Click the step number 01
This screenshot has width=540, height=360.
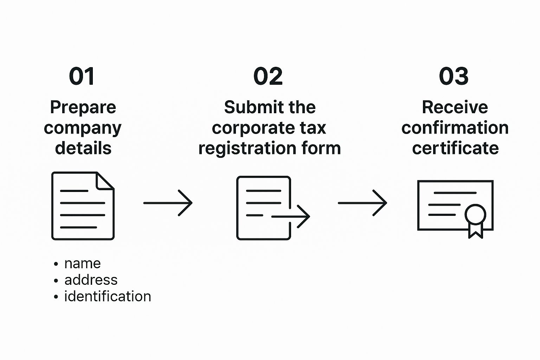pyautogui.click(x=82, y=76)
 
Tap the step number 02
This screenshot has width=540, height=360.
pyautogui.click(x=268, y=76)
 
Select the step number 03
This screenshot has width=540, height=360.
pyautogui.click(x=454, y=76)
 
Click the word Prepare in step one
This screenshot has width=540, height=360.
pyautogui.click(x=83, y=108)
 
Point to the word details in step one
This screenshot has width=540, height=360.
pyautogui.click(x=83, y=148)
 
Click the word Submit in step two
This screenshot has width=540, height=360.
pyautogui.click(x=250, y=107)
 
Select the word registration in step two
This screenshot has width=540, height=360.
pyautogui.click(x=247, y=148)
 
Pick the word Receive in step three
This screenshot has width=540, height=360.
pyautogui.click(x=455, y=107)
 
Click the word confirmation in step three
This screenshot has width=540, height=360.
pyautogui.click(x=455, y=128)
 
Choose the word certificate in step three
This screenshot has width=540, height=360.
pyautogui.click(x=455, y=148)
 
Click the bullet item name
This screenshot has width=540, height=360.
pyautogui.click(x=83, y=264)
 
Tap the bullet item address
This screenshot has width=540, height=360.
pyautogui.click(x=91, y=280)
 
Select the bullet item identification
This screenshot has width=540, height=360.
pyautogui.click(x=108, y=296)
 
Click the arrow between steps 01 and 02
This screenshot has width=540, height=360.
pyautogui.click(x=168, y=203)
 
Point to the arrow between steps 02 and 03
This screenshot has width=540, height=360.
pyautogui.click(x=362, y=203)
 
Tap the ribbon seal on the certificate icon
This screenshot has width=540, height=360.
pyautogui.click(x=475, y=221)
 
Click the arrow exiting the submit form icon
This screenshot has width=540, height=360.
pyautogui.click(x=291, y=217)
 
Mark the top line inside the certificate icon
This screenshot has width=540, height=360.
pyautogui.click(x=455, y=193)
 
